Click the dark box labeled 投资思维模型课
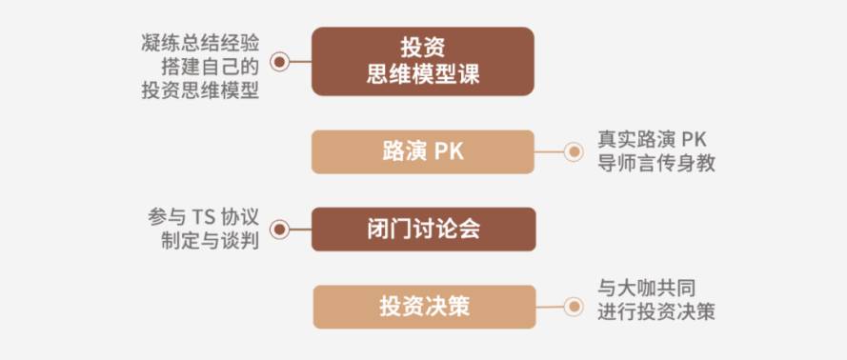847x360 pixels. (x=423, y=62)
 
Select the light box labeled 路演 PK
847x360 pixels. (x=423, y=152)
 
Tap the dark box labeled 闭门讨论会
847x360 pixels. (x=423, y=230)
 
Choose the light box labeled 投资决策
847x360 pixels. (x=425, y=307)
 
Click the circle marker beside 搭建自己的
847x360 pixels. (x=279, y=62)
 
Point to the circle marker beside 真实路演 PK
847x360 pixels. (x=574, y=151)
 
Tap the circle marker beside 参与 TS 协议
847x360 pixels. (x=279, y=230)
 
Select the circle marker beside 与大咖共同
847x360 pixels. (x=574, y=307)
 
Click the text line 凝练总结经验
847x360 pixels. (x=200, y=43)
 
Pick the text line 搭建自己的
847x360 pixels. (x=211, y=67)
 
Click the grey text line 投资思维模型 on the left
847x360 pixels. (x=200, y=90)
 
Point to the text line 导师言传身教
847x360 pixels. (x=656, y=163)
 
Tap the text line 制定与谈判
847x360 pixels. (x=211, y=241)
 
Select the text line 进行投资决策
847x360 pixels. (x=656, y=312)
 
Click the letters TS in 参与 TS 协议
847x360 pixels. (x=203, y=217)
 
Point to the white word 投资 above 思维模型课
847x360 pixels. (x=423, y=48)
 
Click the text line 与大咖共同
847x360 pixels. (x=647, y=289)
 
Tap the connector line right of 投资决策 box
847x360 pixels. (x=550, y=307)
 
